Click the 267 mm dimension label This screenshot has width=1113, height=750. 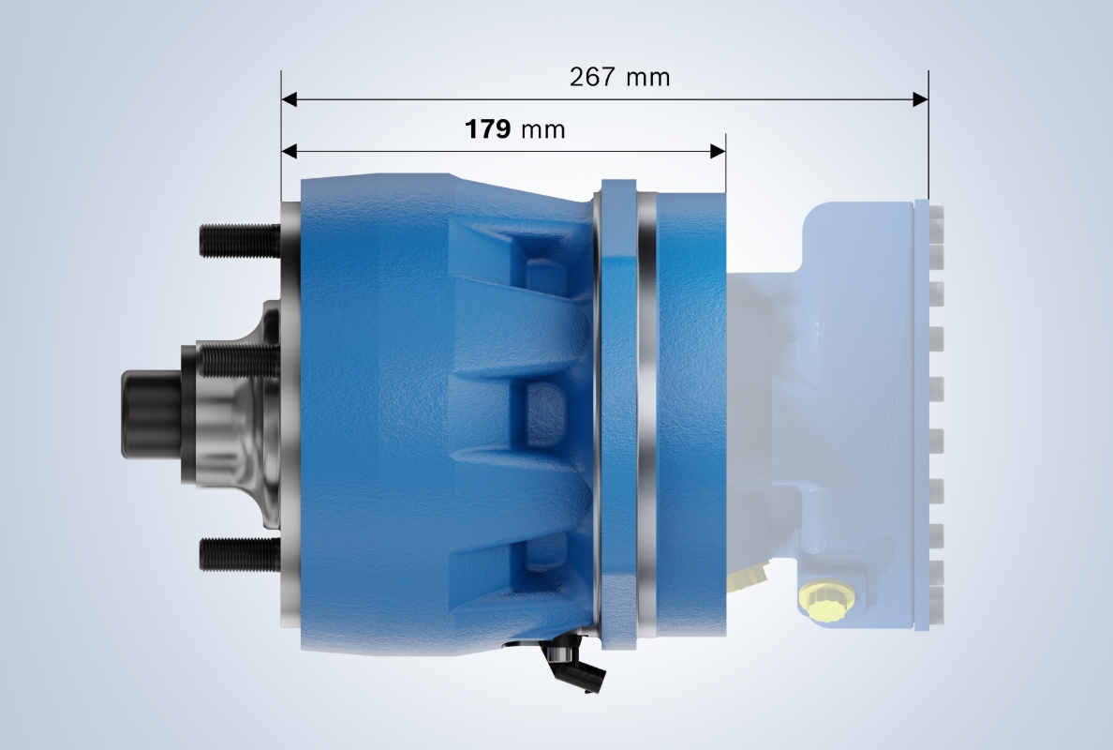coord(619,77)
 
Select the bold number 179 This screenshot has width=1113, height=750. coord(487,129)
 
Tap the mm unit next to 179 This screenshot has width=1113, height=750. coord(543,130)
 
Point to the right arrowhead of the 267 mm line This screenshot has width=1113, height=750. coord(920,98)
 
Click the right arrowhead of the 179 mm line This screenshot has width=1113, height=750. coord(719,151)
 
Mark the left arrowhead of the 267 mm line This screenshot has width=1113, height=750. coord(289,98)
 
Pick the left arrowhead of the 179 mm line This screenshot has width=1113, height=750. coord(289,151)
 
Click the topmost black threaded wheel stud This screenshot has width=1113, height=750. coord(239,241)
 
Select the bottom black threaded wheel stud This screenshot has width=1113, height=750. coord(239,554)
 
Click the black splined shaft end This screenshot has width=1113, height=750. coord(150,412)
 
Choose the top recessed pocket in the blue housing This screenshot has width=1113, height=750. coord(539,262)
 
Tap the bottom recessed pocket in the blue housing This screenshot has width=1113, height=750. coord(539,562)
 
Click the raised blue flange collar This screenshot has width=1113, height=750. coord(617,412)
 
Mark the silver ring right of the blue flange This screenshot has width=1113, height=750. coord(646,412)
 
